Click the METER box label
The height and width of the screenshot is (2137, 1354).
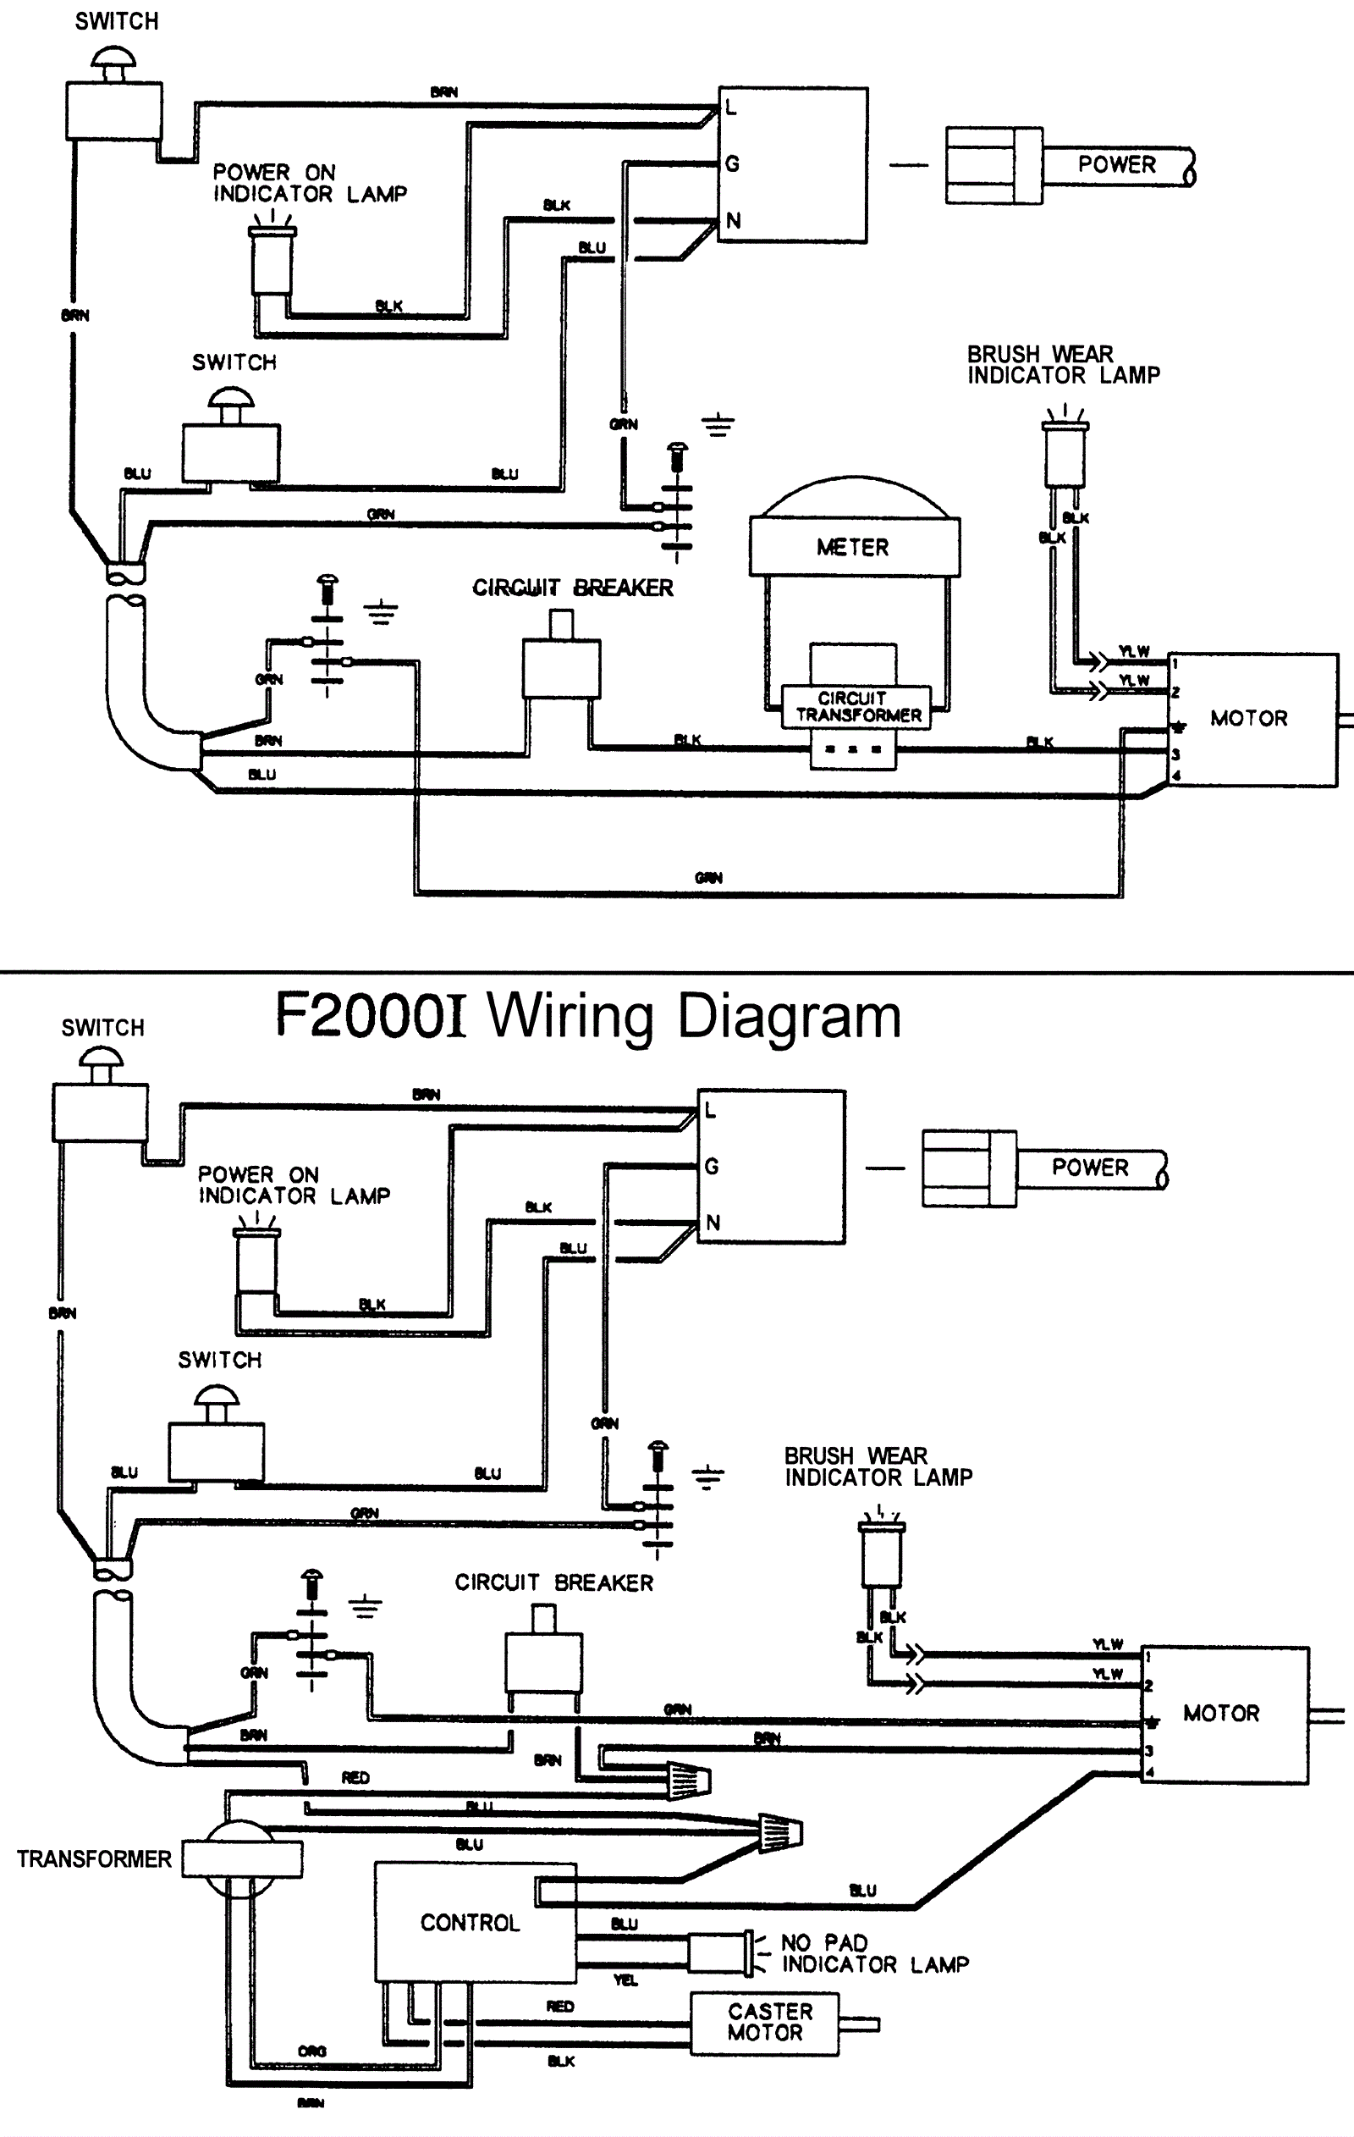853,548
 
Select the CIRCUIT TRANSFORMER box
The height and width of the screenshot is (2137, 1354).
857,706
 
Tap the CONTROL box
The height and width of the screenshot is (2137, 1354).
471,1923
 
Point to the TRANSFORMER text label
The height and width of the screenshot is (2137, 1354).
94,1859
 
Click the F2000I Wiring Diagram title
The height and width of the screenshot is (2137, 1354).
587,1015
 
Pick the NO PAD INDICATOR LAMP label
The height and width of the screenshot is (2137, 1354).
874,1954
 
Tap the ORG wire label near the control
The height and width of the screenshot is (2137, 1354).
312,2051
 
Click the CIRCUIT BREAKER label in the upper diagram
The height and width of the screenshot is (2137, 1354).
572,588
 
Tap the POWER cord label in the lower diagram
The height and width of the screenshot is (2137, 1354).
1091,1167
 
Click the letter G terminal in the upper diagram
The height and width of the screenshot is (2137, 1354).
732,164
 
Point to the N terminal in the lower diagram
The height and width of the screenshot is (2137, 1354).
713,1223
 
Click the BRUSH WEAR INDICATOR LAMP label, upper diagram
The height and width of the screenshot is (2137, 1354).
1063,365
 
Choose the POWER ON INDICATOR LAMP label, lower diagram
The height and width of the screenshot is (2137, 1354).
294,1185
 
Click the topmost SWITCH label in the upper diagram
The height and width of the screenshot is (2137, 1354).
116,21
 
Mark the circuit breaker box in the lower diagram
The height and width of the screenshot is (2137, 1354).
544,1663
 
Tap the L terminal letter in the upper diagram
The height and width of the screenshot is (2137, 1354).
730,108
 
